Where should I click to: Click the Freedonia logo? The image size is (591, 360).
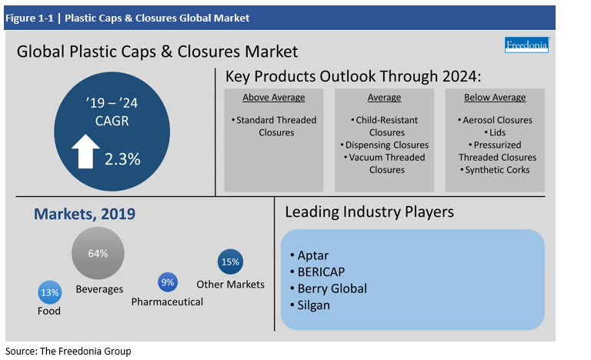coord(526,45)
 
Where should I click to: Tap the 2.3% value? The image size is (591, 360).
coord(123,158)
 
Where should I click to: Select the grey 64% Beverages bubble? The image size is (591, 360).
coord(98,254)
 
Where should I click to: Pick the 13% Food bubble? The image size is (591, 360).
coord(49,292)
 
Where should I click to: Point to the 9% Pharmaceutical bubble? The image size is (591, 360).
coord(167,282)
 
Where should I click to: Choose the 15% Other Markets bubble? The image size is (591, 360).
coord(230,262)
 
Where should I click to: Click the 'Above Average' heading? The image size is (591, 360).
coord(273,98)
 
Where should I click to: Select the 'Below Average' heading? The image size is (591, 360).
coord(495,98)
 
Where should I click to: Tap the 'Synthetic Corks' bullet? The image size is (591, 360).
coord(497,169)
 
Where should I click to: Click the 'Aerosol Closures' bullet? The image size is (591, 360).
coord(497,120)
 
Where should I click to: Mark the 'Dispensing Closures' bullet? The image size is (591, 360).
coord(384,145)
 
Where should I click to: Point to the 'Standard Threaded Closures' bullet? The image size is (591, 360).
coord(273,126)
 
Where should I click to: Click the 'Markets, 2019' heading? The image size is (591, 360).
coord(84,213)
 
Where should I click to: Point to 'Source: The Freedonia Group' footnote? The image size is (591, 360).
coord(68,351)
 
